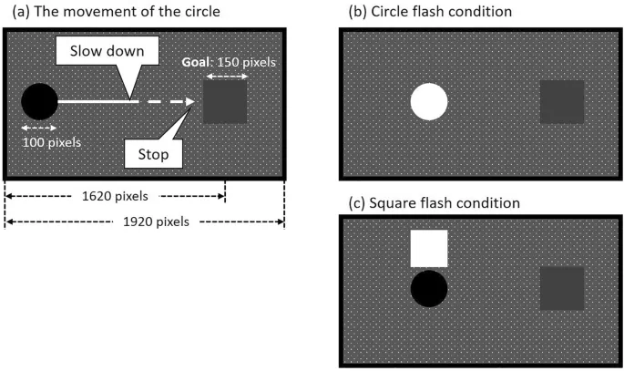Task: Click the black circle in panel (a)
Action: point(39,101)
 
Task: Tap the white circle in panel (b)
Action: point(429,101)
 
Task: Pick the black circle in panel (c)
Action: point(429,288)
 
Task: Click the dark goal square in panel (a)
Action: point(225,101)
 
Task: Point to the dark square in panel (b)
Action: point(562,101)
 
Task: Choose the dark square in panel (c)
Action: point(562,288)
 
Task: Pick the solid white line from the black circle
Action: point(96,101)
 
